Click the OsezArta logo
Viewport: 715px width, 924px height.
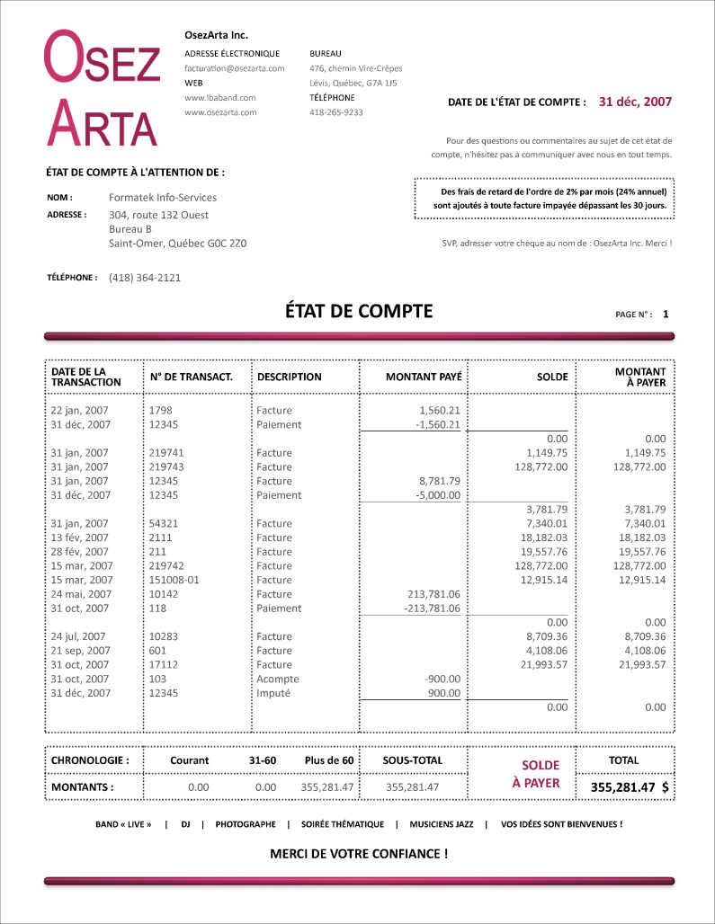click(103, 88)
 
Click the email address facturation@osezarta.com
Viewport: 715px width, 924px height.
click(234, 68)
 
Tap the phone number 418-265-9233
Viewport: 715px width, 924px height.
click(335, 112)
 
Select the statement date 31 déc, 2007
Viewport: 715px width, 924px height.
click(635, 102)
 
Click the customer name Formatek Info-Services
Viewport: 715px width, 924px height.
click(163, 198)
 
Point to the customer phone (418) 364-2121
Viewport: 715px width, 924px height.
click(145, 278)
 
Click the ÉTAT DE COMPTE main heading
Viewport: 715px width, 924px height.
click(359, 312)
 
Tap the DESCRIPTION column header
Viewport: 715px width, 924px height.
click(289, 378)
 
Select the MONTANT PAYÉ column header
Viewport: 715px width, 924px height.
click(423, 378)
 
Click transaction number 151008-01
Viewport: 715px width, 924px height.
click(174, 580)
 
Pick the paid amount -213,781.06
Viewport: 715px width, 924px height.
click(433, 609)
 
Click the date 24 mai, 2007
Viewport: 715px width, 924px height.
click(81, 594)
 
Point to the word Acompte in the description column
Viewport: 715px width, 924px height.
click(277, 680)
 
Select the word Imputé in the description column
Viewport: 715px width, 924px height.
click(273, 694)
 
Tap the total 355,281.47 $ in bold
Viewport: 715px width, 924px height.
click(629, 787)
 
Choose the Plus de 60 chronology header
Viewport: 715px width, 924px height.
click(329, 760)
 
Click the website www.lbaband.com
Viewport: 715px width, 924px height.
click(220, 98)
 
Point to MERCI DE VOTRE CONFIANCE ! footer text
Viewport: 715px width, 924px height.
click(359, 854)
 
